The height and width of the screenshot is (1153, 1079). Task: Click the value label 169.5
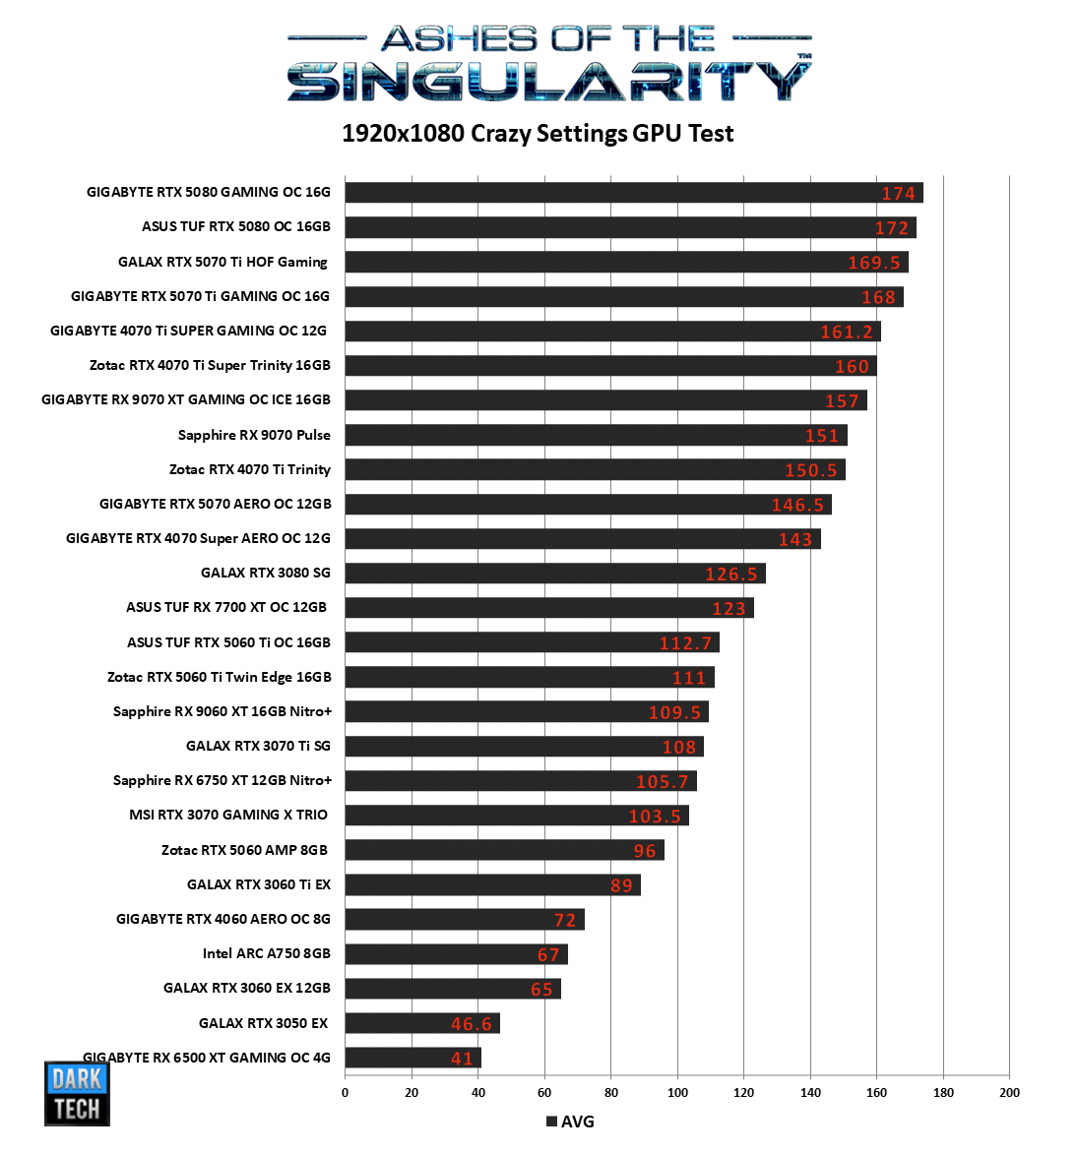click(874, 263)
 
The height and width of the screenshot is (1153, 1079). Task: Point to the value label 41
click(462, 1059)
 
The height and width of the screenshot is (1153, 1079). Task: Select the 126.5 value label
click(730, 575)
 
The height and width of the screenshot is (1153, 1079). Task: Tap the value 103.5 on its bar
click(655, 817)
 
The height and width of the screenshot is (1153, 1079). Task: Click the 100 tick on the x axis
click(677, 1092)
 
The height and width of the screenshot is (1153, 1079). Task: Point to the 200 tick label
click(1009, 1092)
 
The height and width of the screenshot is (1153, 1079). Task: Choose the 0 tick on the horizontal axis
click(345, 1092)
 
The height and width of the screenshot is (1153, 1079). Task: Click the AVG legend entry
click(570, 1122)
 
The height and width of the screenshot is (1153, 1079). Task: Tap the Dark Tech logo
click(77, 1093)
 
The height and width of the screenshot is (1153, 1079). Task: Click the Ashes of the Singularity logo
click(549, 64)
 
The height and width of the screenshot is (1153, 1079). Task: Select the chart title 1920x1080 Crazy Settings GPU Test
click(538, 134)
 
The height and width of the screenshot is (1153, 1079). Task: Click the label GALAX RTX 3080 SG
click(265, 573)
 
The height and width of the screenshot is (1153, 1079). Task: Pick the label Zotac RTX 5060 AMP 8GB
click(244, 850)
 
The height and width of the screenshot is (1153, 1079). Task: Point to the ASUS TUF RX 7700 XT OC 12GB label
click(226, 607)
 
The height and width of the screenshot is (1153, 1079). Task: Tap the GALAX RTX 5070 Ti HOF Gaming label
click(222, 262)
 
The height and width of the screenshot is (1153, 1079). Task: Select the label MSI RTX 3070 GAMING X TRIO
click(228, 815)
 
